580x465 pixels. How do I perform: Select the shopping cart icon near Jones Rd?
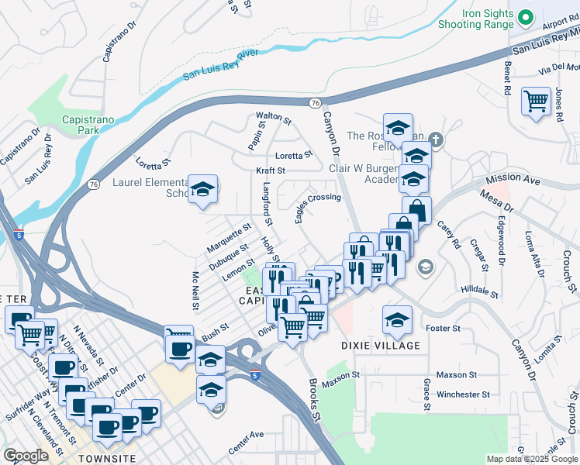click(x=536, y=101)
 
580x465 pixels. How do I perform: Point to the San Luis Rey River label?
click(x=220, y=64)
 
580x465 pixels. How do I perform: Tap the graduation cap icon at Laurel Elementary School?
click(x=202, y=188)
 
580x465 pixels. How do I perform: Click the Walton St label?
click(x=274, y=119)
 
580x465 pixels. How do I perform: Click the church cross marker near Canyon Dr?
click(x=437, y=140)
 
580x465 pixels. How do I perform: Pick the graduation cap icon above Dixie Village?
click(x=397, y=319)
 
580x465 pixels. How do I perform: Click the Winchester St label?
click(x=463, y=394)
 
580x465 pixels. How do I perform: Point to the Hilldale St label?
click(x=479, y=290)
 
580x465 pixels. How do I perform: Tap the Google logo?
click(x=25, y=456)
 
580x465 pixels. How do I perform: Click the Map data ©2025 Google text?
click(x=532, y=459)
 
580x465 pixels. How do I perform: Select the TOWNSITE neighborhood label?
click(x=107, y=459)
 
